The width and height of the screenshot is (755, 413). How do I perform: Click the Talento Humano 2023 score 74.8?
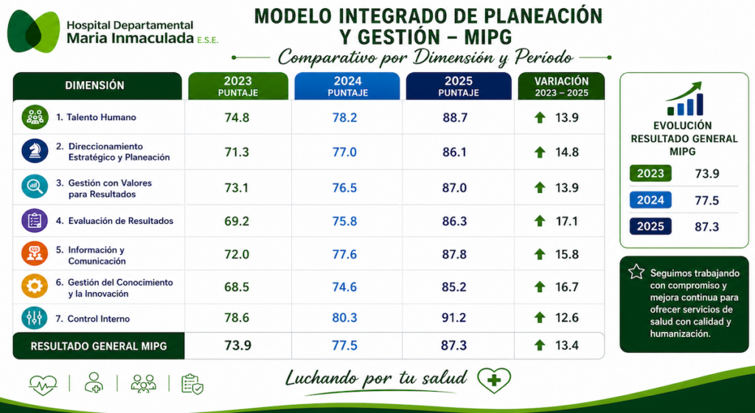pyautogui.click(x=237, y=117)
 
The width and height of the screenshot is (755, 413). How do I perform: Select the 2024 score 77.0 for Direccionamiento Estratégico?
pyautogui.click(x=344, y=152)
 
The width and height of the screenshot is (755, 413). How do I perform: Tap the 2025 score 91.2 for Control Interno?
pyautogui.click(x=455, y=318)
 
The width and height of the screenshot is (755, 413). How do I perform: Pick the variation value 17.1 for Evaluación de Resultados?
pyautogui.click(x=567, y=221)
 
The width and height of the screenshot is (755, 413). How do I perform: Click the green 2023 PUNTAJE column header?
pyautogui.click(x=238, y=86)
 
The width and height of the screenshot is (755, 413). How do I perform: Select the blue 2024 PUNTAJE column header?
pyautogui.click(x=347, y=86)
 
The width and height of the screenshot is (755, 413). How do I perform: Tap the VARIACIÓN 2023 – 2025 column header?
pyautogui.click(x=561, y=86)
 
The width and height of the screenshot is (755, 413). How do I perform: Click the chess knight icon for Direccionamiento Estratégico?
pyautogui.click(x=35, y=151)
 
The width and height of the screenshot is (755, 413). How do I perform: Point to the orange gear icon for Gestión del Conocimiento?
pyautogui.click(x=35, y=286)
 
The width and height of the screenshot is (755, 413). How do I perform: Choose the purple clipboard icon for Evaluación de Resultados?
pyautogui.click(x=35, y=221)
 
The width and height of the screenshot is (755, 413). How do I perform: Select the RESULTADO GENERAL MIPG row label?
pyautogui.click(x=99, y=346)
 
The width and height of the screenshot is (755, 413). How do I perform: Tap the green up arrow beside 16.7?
pyautogui.click(x=540, y=287)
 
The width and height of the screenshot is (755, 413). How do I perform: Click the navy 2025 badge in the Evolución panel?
pyautogui.click(x=650, y=227)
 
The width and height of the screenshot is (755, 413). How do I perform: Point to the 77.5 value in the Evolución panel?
pyautogui.click(x=707, y=200)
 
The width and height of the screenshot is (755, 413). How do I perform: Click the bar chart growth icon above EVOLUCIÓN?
pyautogui.click(x=684, y=99)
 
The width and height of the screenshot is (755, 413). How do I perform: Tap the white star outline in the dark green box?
pyautogui.click(x=636, y=272)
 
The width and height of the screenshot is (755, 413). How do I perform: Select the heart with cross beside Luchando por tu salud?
pyautogui.click(x=494, y=381)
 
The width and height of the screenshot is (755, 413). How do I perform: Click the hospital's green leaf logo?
pyautogui.click(x=34, y=31)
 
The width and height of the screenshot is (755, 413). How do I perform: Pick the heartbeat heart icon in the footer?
pyautogui.click(x=43, y=384)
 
